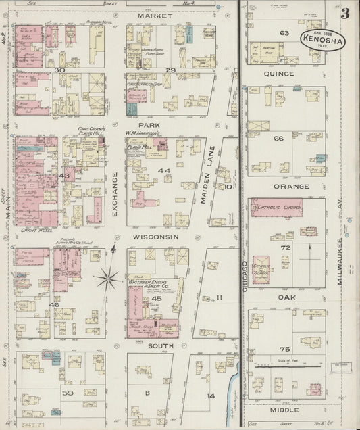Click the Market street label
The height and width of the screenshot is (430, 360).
[151, 14]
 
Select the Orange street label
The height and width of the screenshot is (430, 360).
[291, 187]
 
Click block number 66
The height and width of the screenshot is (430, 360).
[278, 138]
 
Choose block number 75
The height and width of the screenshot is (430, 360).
[284, 350]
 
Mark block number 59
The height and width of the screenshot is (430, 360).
[68, 391]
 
